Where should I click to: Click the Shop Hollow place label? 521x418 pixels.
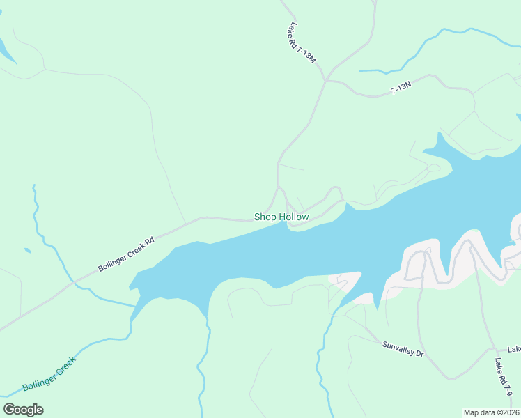pos(281,217)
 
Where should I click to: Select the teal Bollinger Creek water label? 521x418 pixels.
pos(49,373)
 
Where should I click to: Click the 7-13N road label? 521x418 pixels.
pos(401,87)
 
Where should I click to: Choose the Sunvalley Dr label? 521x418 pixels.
pos(403,349)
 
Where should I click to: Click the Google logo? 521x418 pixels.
pos(23,409)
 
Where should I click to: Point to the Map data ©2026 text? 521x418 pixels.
pos(491,412)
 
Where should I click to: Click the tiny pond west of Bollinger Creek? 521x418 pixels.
pos(26,250)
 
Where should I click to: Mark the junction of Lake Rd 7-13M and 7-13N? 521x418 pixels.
pos(325,80)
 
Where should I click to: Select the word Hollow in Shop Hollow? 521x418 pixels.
pos(294,217)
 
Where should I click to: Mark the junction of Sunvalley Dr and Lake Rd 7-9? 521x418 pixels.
pos(493,350)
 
